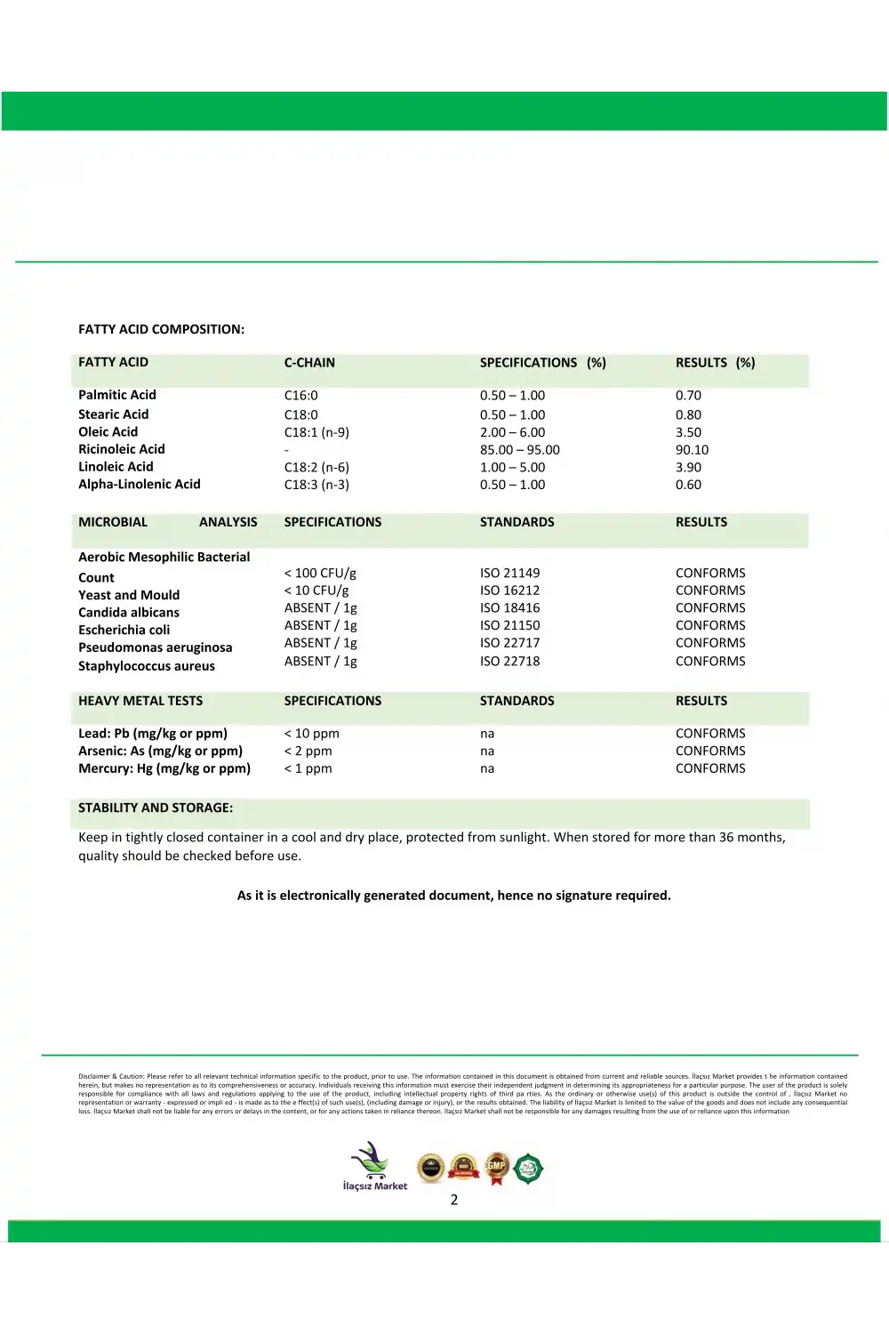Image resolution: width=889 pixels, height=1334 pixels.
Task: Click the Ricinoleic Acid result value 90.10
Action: coord(692,450)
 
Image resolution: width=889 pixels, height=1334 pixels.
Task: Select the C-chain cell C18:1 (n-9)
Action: coord(316,432)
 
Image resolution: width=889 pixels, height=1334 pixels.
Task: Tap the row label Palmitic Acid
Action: coord(116,395)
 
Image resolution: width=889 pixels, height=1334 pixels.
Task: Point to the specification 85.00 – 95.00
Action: coord(519,450)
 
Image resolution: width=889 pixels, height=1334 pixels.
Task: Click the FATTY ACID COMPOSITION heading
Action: coord(161,329)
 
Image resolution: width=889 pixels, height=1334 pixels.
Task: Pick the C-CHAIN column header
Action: coord(309,363)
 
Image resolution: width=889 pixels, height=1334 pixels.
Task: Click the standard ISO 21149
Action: coord(509,574)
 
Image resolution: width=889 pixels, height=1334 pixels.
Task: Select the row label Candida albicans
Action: coord(128,613)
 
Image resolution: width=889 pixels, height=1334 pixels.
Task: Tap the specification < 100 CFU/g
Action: coord(319,574)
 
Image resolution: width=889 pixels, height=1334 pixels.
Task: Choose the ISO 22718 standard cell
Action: coord(509,662)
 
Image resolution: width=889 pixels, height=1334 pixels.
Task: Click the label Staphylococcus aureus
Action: coord(146,666)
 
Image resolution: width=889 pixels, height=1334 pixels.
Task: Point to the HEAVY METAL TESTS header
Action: coord(140,701)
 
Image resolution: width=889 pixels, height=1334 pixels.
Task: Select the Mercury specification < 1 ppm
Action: coord(308,768)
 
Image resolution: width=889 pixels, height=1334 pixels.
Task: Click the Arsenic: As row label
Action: coord(160,751)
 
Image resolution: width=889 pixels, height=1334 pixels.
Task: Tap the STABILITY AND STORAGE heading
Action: coord(156,808)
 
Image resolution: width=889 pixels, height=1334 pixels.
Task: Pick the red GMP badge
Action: coord(496,1168)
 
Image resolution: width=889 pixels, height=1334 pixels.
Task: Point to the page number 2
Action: coord(453,1200)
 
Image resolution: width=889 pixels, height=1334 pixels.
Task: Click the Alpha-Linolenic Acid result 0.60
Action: coord(688,485)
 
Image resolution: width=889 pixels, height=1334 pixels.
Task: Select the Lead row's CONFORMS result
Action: coord(710,734)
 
